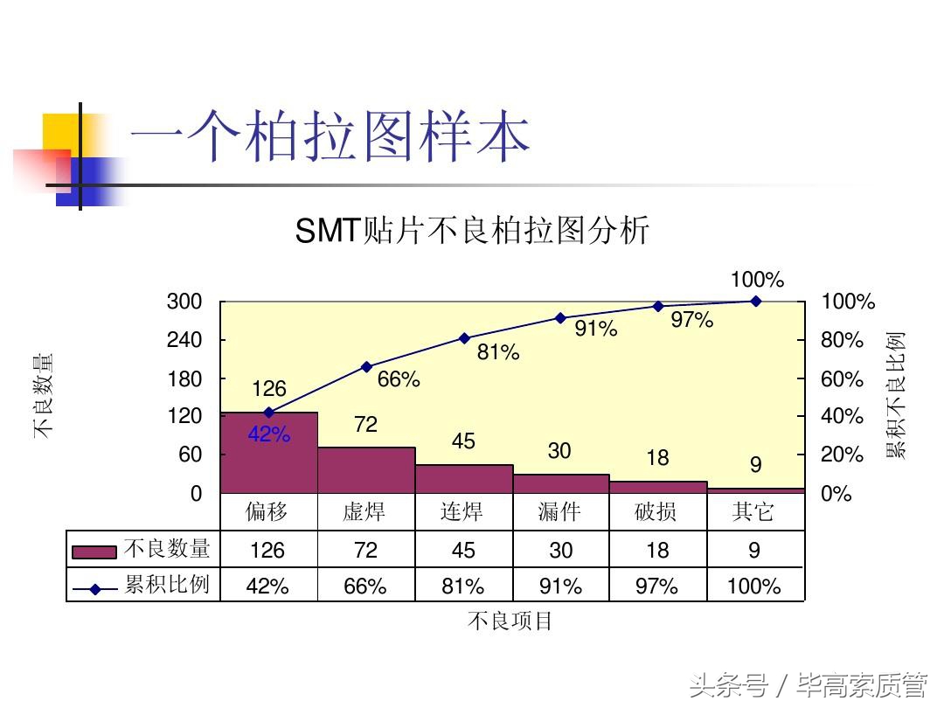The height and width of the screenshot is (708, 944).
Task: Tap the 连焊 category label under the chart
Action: [x=462, y=511]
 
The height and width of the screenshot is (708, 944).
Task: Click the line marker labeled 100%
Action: [x=755, y=301]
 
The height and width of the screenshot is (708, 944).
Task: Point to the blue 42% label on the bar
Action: [x=268, y=434]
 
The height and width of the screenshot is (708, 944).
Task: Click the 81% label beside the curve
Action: [x=498, y=352]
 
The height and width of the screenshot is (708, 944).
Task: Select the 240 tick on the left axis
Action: [x=184, y=340]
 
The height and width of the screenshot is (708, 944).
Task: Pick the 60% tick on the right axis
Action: [x=842, y=378]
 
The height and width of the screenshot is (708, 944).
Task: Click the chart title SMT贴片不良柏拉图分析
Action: [x=472, y=232]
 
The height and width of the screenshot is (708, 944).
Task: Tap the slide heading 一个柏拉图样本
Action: [x=330, y=138]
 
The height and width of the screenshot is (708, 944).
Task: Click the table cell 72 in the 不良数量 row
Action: [x=365, y=550]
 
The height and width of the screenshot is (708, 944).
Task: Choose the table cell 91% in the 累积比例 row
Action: [x=560, y=587]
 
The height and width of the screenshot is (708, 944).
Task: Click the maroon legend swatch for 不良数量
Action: [x=94, y=552]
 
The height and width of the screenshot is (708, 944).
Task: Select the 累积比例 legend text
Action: [x=167, y=585]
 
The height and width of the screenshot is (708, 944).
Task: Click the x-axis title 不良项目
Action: [x=510, y=621]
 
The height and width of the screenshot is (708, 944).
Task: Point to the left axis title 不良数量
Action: [x=44, y=395]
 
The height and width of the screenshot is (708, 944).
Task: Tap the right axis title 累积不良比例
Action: [x=896, y=395]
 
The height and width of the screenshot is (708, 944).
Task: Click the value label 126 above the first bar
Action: [x=269, y=389]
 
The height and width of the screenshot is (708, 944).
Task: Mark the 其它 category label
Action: [x=753, y=511]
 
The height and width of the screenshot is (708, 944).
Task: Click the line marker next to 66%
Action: [x=366, y=367]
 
